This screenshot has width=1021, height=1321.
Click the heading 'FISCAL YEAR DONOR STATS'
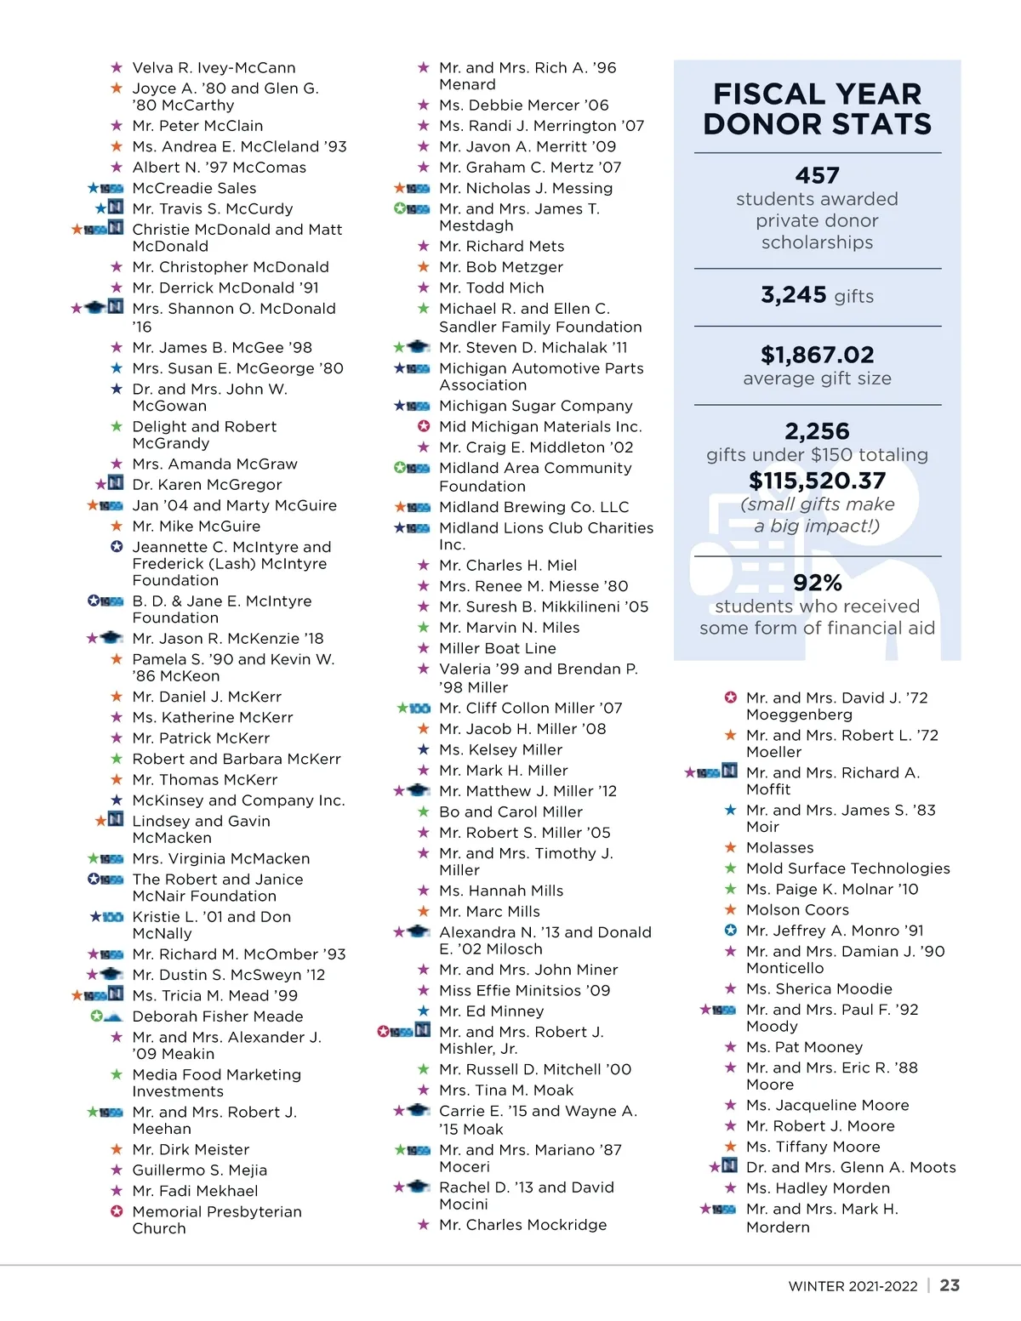pyautogui.click(x=817, y=109)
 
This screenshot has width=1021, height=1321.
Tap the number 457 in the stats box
pyautogui.click(x=817, y=175)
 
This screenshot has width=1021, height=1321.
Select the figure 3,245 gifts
pyautogui.click(x=817, y=295)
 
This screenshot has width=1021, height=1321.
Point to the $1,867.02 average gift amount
pyautogui.click(x=817, y=355)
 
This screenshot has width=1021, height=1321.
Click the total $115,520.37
pyautogui.click(x=817, y=481)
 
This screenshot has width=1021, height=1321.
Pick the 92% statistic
pyautogui.click(x=817, y=583)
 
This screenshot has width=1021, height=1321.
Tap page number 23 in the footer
pyautogui.click(x=950, y=1285)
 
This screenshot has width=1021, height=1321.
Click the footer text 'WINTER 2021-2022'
pyautogui.click(x=853, y=1286)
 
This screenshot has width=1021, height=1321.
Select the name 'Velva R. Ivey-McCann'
pyautogui.click(x=214, y=68)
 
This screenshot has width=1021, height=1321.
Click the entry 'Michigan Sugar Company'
pyautogui.click(x=535, y=406)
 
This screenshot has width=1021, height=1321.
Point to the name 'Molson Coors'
pyautogui.click(x=797, y=910)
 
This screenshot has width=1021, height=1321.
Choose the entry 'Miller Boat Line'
pyautogui.click(x=497, y=648)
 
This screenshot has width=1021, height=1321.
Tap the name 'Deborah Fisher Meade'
pyautogui.click(x=217, y=1016)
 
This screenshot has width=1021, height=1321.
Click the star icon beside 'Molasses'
pyautogui.click(x=730, y=848)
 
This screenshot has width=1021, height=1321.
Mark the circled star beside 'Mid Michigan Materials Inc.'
pyautogui.click(x=424, y=426)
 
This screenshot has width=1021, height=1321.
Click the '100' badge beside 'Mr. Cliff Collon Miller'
pyautogui.click(x=419, y=708)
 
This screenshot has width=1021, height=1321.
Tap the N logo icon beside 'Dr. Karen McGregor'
pyautogui.click(x=116, y=484)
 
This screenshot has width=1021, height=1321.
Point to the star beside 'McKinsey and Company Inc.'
pyautogui.click(x=117, y=800)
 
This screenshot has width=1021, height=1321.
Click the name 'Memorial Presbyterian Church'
pyautogui.click(x=216, y=1220)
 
